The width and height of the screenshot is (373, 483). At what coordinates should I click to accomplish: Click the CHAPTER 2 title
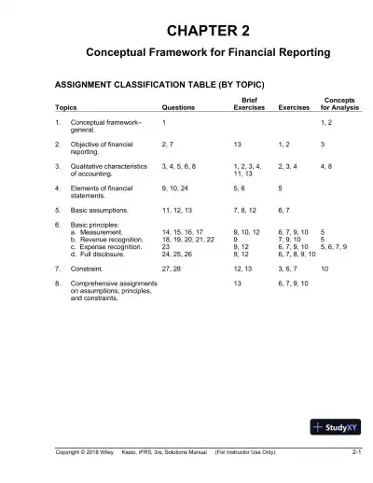[186, 32]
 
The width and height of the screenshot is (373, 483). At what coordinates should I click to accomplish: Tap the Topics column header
[65, 107]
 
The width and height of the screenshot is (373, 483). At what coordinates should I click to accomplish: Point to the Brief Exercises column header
[249, 103]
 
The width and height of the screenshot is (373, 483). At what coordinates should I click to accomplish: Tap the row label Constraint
[89, 268]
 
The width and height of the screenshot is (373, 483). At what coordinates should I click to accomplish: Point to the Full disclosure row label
[104, 254]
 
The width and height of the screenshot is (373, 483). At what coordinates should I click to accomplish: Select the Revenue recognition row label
[112, 239]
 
